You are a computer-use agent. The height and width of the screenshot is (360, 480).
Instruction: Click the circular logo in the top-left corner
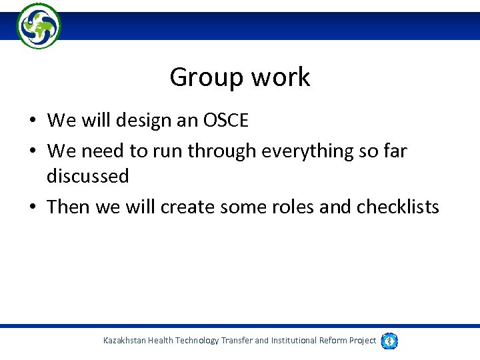pos(39,25)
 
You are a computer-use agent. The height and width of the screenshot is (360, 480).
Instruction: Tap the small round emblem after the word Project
pos(391,341)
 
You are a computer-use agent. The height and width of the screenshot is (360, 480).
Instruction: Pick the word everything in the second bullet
pos(291,151)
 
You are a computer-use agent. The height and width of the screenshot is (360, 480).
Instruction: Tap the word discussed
pos(87,177)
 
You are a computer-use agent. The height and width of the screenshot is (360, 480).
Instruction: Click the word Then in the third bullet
pos(69,207)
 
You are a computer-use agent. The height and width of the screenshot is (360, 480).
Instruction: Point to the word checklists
pos(398,207)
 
